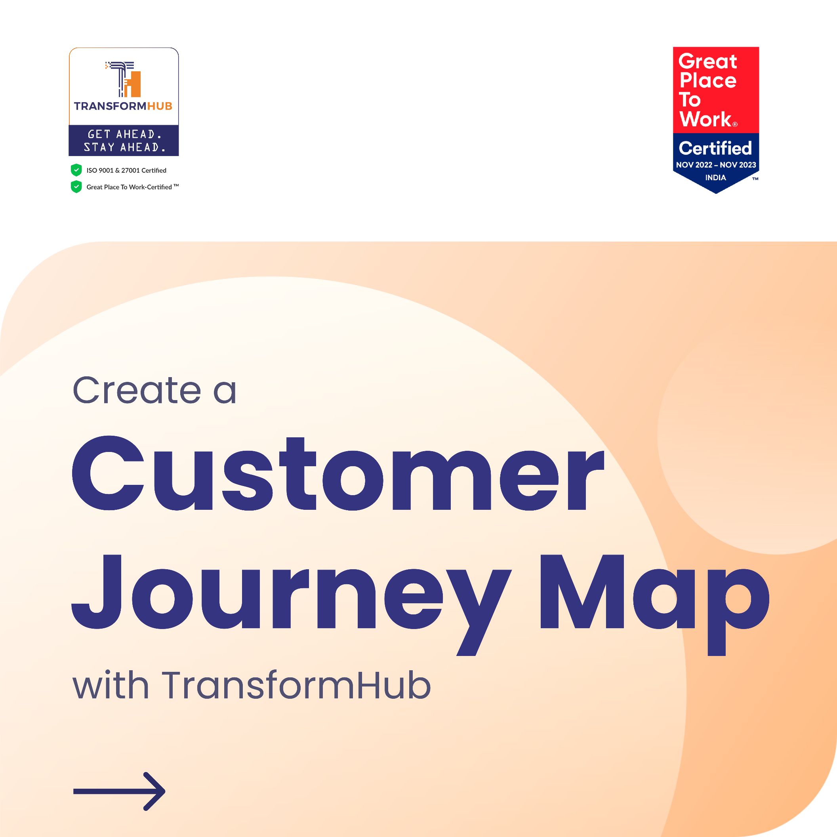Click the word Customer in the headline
click(x=337, y=473)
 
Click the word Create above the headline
click(x=137, y=390)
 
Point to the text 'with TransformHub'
click(x=252, y=685)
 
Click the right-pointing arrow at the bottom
click(x=119, y=791)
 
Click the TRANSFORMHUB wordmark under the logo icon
click(x=123, y=106)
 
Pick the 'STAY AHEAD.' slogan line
click(x=125, y=147)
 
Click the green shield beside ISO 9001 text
click(x=76, y=170)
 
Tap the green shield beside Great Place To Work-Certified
click(x=76, y=187)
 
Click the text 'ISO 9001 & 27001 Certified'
click(x=126, y=170)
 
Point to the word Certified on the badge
click(x=715, y=148)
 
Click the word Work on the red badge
click(x=706, y=119)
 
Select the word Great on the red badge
click(x=707, y=61)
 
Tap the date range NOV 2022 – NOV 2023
click(x=716, y=165)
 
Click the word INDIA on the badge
click(x=715, y=177)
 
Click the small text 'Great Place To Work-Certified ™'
click(x=133, y=187)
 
